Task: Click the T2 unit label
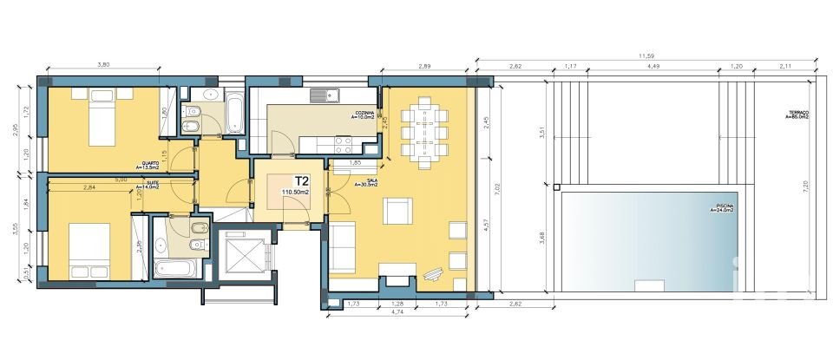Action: tap(303, 181)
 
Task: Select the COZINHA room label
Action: tap(363, 114)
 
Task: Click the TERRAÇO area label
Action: tap(797, 115)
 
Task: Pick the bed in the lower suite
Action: tap(89, 251)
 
